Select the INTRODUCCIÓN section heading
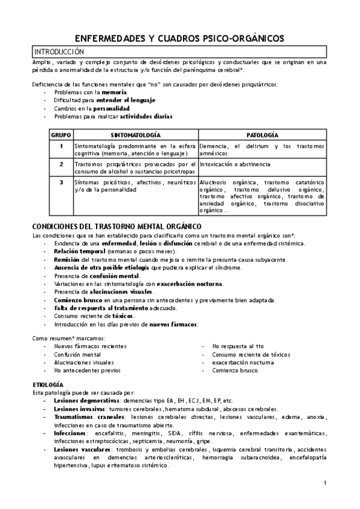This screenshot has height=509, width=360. [x=59, y=52]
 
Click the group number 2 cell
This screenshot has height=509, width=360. [x=61, y=164]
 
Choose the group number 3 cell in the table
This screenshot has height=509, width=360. [x=61, y=182]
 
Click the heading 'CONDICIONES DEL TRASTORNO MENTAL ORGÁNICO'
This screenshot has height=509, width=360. [x=108, y=226]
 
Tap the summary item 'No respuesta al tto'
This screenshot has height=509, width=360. [x=238, y=346]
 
